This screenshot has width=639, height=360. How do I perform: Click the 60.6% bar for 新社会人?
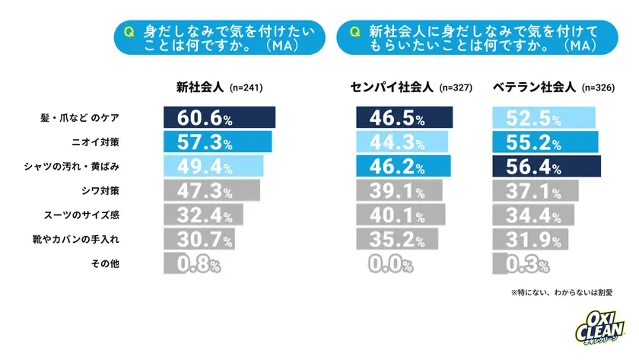(219, 119)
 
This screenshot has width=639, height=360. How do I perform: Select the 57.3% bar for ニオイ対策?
(217, 142)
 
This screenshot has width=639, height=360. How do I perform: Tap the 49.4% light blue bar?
(213, 166)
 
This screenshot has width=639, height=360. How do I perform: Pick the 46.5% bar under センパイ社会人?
(404, 119)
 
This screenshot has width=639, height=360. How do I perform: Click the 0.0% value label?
(390, 264)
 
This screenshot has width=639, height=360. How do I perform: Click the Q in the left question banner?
(128, 31)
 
